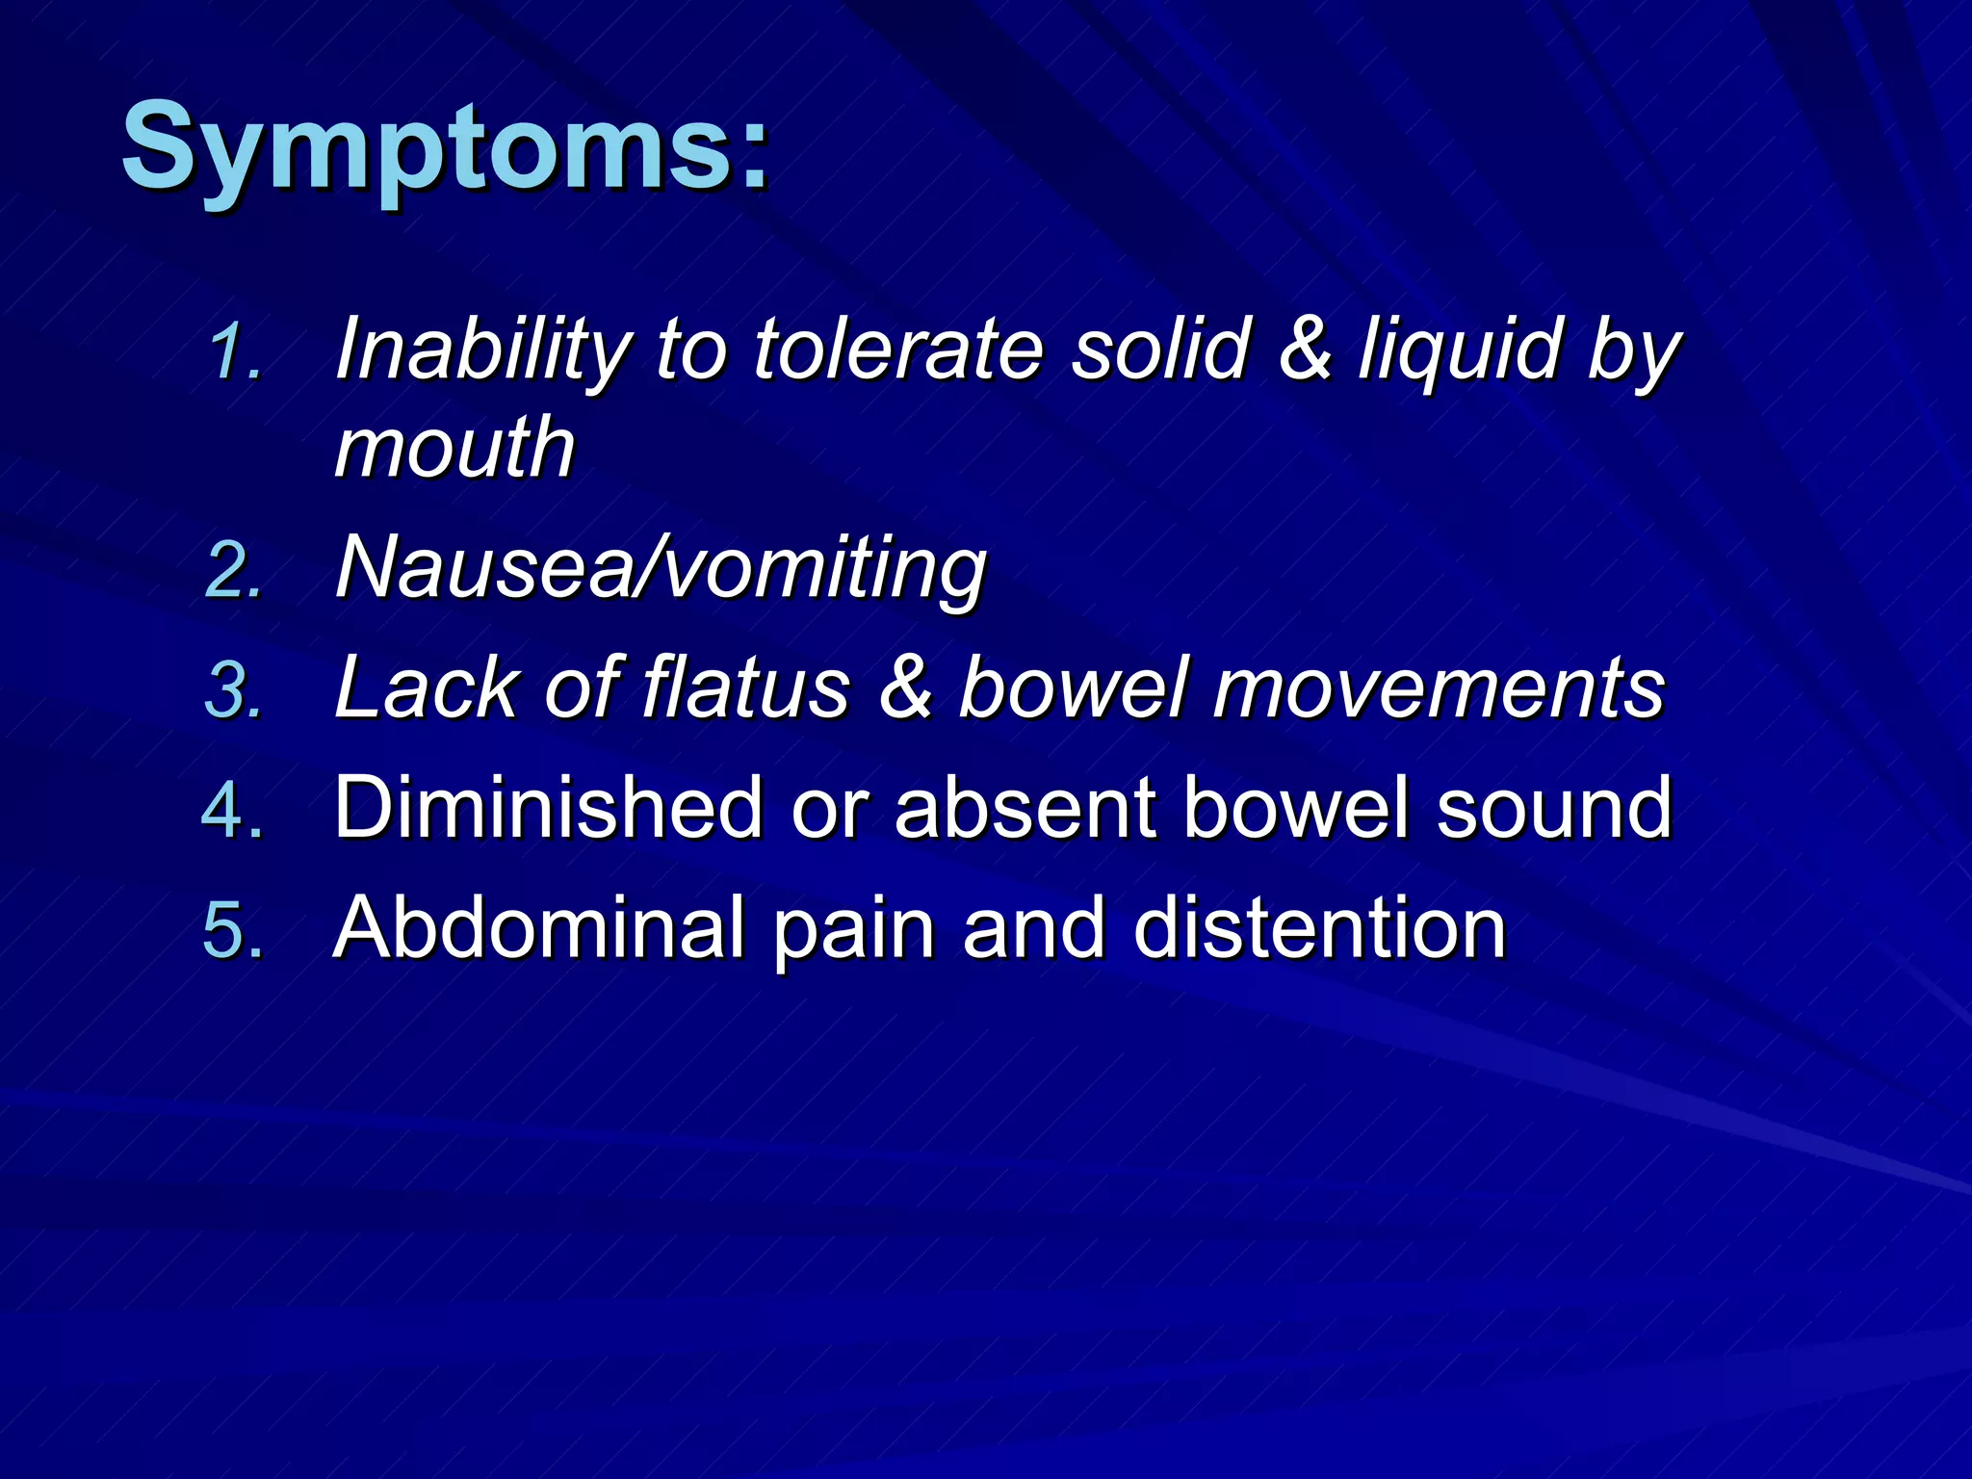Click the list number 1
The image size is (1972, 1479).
(x=234, y=351)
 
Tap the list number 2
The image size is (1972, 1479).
(x=234, y=570)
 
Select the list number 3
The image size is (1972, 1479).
(x=234, y=689)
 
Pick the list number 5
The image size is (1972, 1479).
(x=232, y=930)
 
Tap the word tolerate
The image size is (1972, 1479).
(x=897, y=349)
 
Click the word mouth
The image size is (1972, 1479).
(x=454, y=448)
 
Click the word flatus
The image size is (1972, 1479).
(x=746, y=688)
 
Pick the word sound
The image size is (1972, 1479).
(x=1554, y=809)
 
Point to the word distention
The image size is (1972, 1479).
(x=1319, y=928)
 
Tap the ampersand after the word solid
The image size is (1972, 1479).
(x=1305, y=349)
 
